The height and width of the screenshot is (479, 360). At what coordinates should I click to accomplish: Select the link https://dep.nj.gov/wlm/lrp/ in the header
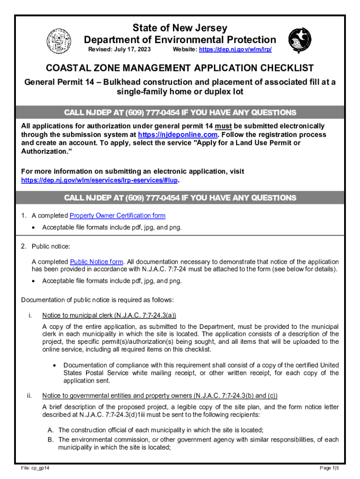[236, 50]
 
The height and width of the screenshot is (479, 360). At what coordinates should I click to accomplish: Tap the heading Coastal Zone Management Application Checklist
[180, 68]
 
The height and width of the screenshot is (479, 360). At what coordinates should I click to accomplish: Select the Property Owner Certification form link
[117, 216]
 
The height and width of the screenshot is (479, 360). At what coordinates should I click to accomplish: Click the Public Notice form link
[97, 261]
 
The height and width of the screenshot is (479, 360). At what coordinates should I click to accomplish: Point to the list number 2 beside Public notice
[24, 246]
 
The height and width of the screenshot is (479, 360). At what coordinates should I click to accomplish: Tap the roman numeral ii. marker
[29, 396]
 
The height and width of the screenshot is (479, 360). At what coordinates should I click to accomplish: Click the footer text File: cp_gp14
[36, 468]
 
